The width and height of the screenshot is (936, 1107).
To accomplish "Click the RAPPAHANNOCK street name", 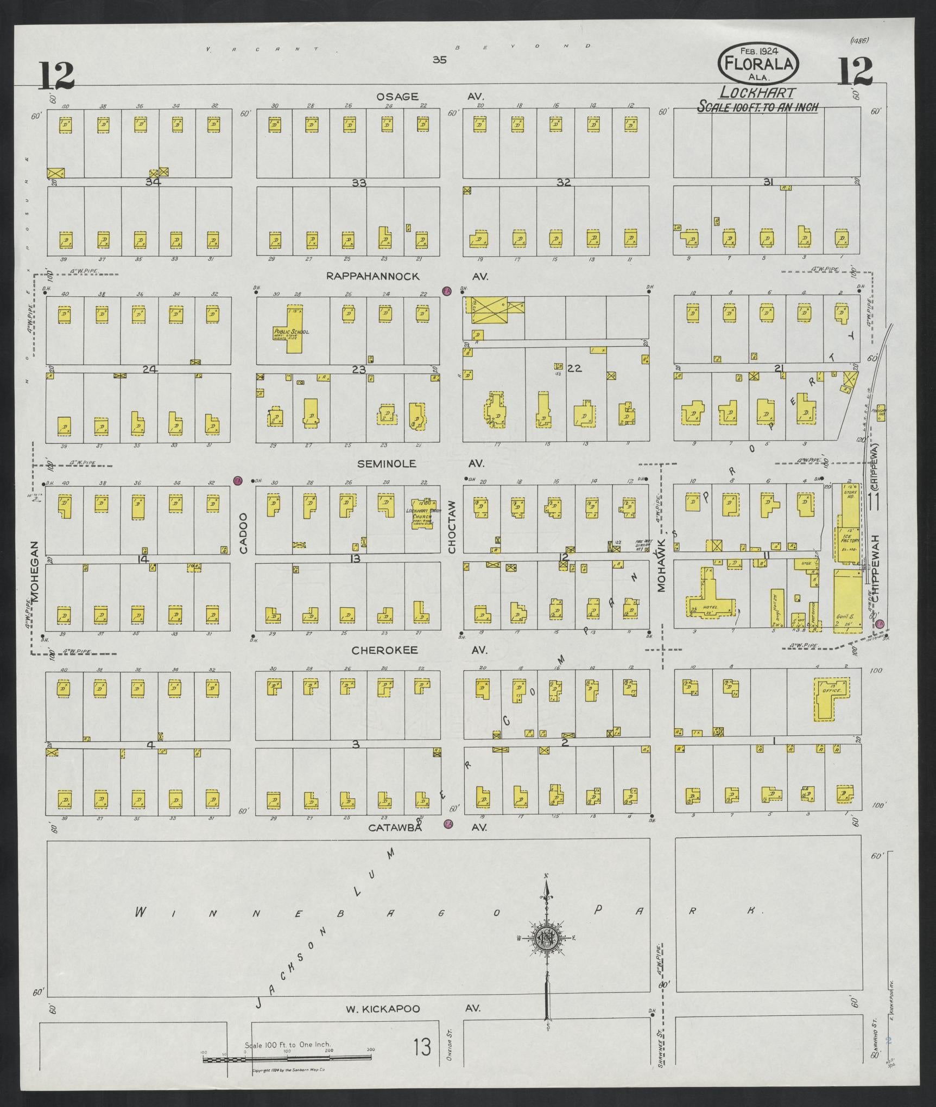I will tap(372, 276).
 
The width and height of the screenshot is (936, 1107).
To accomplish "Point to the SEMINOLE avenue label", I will tap(387, 463).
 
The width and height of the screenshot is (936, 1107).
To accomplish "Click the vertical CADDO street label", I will tap(243, 533).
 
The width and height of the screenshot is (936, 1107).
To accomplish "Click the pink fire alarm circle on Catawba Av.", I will tap(448, 839).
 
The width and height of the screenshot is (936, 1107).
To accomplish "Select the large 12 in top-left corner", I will tap(56, 76).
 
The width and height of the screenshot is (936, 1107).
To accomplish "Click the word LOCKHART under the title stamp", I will tap(758, 93).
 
